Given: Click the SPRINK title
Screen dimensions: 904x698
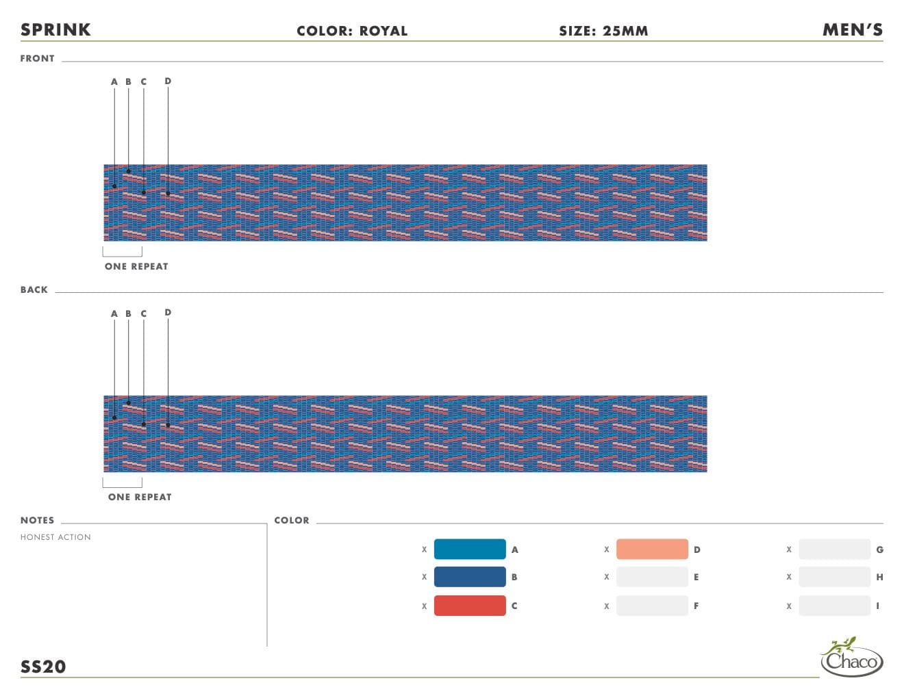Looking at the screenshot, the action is pos(55,30).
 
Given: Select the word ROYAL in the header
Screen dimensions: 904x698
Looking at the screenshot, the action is pos(383,31).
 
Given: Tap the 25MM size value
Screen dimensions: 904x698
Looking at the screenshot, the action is pos(625,31).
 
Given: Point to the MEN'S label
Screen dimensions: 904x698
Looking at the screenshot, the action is pos(853,30).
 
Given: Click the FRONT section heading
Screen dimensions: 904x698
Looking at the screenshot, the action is pos(38,59).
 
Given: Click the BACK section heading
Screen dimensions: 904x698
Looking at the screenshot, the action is pos(34,289).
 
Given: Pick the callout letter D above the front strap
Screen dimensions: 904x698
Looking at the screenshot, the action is pos(168,81).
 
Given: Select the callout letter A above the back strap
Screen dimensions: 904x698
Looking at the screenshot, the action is pos(114,314).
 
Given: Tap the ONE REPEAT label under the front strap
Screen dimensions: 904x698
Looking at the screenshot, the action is pos(136,266).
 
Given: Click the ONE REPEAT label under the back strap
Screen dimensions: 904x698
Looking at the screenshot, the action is pos(140,497).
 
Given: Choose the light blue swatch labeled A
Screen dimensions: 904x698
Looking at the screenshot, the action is pos(470,550).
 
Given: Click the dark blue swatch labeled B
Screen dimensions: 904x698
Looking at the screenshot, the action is pos(470,577).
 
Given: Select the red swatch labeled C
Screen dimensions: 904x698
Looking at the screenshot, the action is pos(470,606).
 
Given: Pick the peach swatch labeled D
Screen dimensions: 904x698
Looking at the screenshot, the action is pos(652,550).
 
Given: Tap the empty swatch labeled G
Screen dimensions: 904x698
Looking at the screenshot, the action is pos(835,550).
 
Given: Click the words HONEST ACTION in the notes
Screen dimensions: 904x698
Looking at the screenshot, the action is pos(55,537).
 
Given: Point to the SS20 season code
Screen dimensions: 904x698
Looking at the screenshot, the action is pos(43,667).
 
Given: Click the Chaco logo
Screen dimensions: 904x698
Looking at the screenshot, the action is pos(851,657).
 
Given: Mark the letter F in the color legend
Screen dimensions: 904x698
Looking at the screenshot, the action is pos(696,606).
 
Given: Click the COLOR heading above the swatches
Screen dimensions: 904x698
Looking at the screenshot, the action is pos(292,521).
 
